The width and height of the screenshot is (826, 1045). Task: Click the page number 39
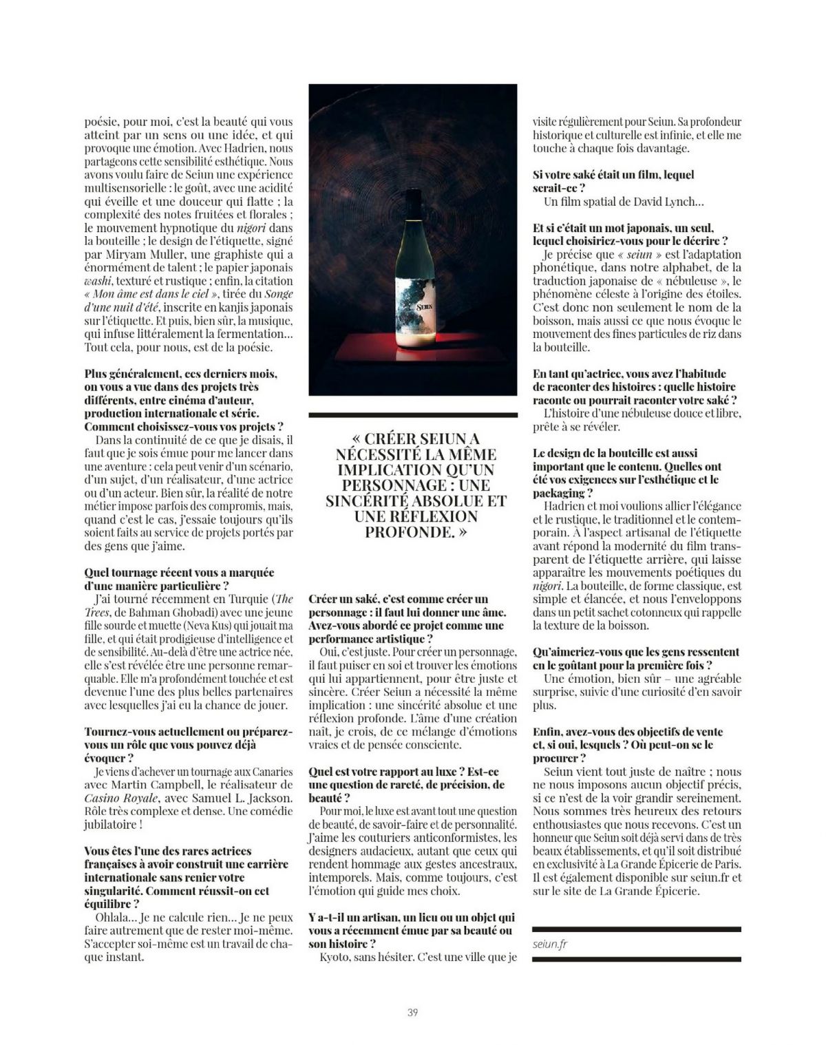click(x=412, y=1012)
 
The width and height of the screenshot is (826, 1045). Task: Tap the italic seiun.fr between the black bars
click(x=551, y=944)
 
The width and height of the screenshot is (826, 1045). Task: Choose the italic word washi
click(x=98, y=281)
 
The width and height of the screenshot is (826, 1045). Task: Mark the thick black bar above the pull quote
click(x=413, y=415)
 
